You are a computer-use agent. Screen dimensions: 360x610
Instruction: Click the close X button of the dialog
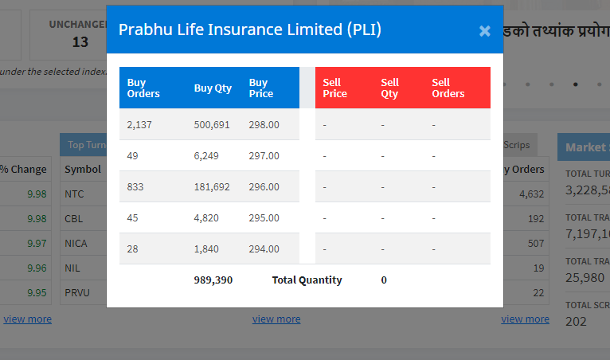484,31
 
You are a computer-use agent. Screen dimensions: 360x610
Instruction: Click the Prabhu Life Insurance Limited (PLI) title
249,29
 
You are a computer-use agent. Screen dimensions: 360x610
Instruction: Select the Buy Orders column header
143,88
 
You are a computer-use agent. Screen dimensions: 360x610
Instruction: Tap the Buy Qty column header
213,88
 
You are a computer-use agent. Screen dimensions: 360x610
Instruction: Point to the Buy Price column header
261,88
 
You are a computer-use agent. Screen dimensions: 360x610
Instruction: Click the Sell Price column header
334,88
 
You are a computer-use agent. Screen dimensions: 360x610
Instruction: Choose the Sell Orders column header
448,88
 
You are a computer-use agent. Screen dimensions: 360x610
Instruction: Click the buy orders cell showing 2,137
139,124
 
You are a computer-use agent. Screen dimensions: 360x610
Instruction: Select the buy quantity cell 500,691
213,124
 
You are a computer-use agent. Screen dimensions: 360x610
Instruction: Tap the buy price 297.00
264,155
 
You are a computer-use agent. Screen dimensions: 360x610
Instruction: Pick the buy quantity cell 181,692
213,186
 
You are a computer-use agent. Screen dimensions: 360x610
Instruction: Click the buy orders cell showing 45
133,217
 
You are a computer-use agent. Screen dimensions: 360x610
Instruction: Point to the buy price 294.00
264,248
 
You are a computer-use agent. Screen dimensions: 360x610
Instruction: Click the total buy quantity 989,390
213,280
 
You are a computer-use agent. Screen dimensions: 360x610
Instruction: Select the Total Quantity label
307,280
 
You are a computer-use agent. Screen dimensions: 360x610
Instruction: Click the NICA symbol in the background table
76,243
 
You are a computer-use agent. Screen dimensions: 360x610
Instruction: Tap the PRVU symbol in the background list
77,292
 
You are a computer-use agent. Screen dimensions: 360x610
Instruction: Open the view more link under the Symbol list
27,319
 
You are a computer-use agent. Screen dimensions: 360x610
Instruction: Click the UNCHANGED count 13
80,41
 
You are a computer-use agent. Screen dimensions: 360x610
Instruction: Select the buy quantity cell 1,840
207,248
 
